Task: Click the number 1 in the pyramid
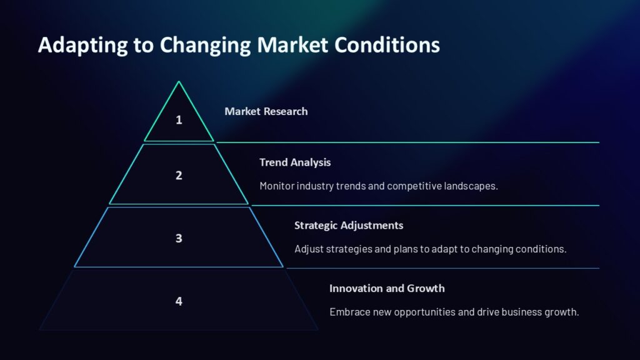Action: pyautogui.click(x=179, y=119)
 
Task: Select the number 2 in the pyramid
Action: pyautogui.click(x=179, y=176)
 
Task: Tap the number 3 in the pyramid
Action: pyautogui.click(x=179, y=238)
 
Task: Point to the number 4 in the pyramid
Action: pyautogui.click(x=179, y=301)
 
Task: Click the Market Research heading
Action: pyautogui.click(x=266, y=111)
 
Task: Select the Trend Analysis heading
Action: pyautogui.click(x=295, y=162)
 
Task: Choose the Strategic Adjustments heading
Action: pyautogui.click(x=349, y=225)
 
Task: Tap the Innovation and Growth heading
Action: pyautogui.click(x=387, y=288)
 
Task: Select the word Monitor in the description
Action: pyautogui.click(x=277, y=186)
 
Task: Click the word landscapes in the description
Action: pyautogui.click(x=472, y=186)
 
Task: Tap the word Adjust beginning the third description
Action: pyautogui.click(x=308, y=249)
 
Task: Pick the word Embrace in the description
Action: pyautogui.click(x=349, y=312)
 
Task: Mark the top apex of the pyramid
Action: pyautogui.click(x=179, y=81)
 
